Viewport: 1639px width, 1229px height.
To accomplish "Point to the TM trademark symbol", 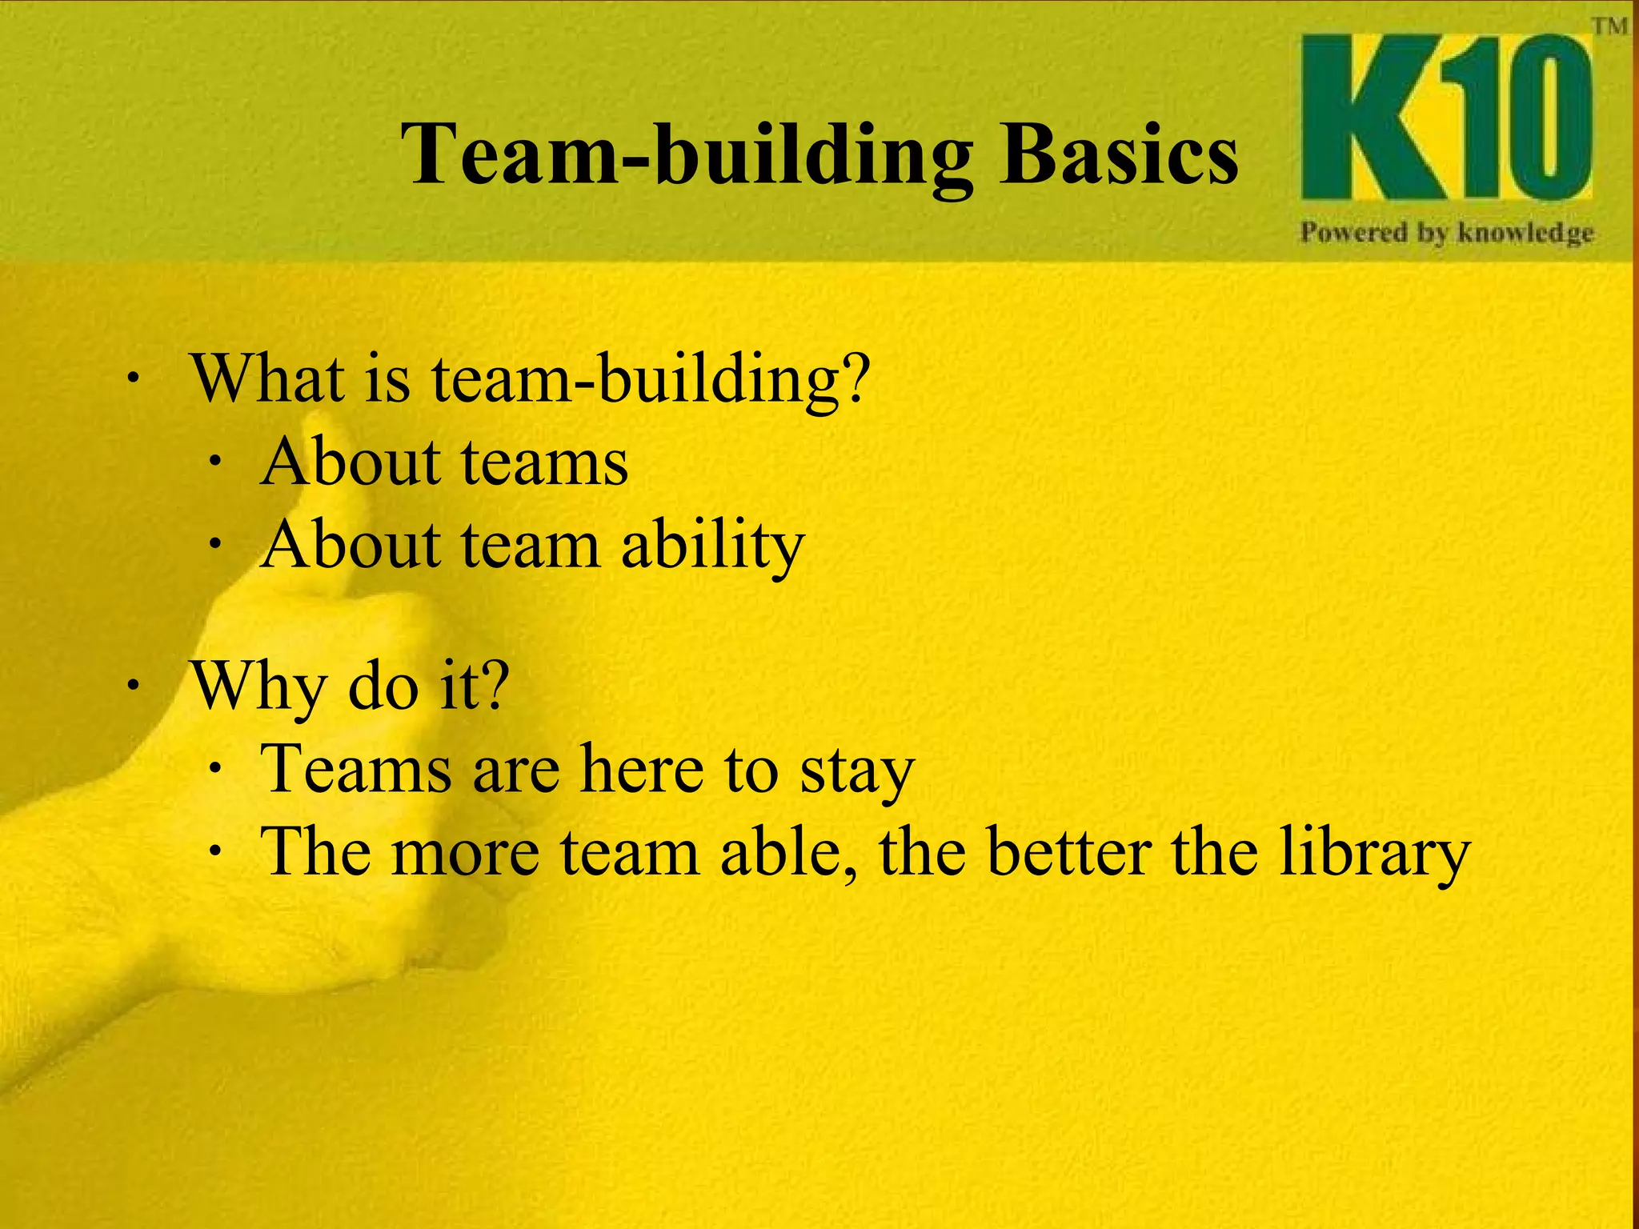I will point(1609,26).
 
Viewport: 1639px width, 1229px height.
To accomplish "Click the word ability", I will point(712,546).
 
